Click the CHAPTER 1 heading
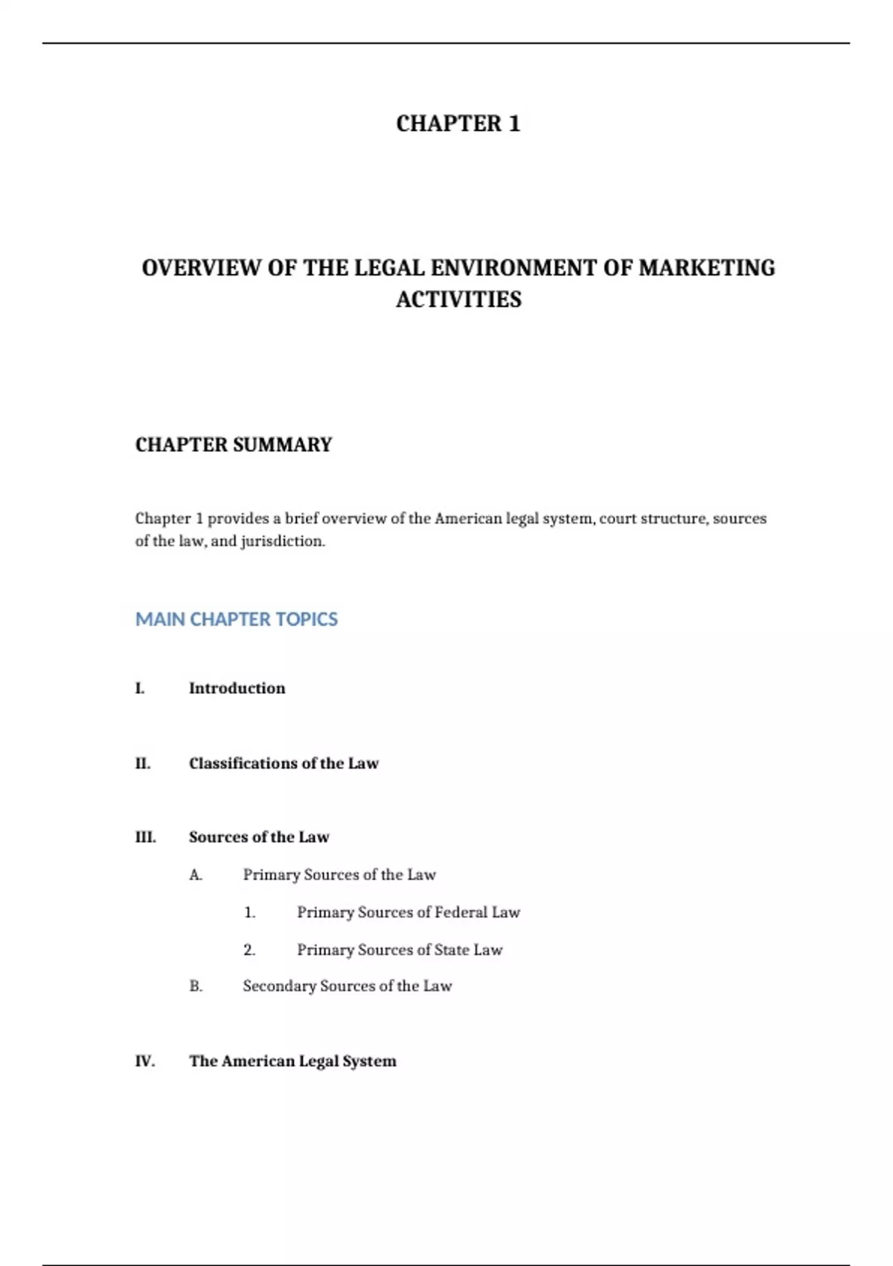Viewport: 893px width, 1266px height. (458, 124)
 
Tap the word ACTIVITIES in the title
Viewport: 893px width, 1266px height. (458, 299)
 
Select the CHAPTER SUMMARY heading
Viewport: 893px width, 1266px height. (234, 445)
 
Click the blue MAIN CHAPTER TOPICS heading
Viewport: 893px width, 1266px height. (236, 620)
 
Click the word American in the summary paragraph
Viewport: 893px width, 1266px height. (468, 518)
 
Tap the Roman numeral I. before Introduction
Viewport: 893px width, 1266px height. (140, 688)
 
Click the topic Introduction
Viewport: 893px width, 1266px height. (237, 688)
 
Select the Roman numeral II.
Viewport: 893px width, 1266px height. (143, 763)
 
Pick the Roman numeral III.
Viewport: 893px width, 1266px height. (146, 837)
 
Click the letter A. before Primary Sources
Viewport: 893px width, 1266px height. (196, 875)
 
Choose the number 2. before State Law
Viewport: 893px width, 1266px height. (249, 950)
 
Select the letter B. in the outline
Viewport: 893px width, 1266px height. (196, 986)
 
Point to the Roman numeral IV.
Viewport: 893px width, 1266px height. (145, 1061)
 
